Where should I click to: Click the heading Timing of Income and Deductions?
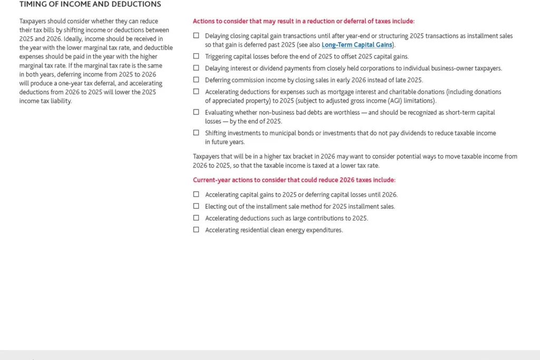point(90,4)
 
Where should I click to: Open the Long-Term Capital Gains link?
point(357,45)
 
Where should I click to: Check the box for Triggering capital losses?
point(196,56)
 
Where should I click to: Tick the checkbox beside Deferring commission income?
point(196,80)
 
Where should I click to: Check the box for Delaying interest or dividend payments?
point(196,68)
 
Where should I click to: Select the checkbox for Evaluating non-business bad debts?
point(196,112)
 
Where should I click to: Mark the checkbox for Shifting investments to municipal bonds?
point(196,133)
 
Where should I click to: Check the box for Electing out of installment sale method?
point(196,206)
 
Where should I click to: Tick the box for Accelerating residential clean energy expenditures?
point(196,229)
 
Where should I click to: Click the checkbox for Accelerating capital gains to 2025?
point(196,194)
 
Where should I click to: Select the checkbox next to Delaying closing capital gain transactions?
point(196,36)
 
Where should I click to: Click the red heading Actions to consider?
point(304,21)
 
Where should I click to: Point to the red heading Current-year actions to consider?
point(294,180)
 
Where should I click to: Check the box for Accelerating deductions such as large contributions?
point(196,218)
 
